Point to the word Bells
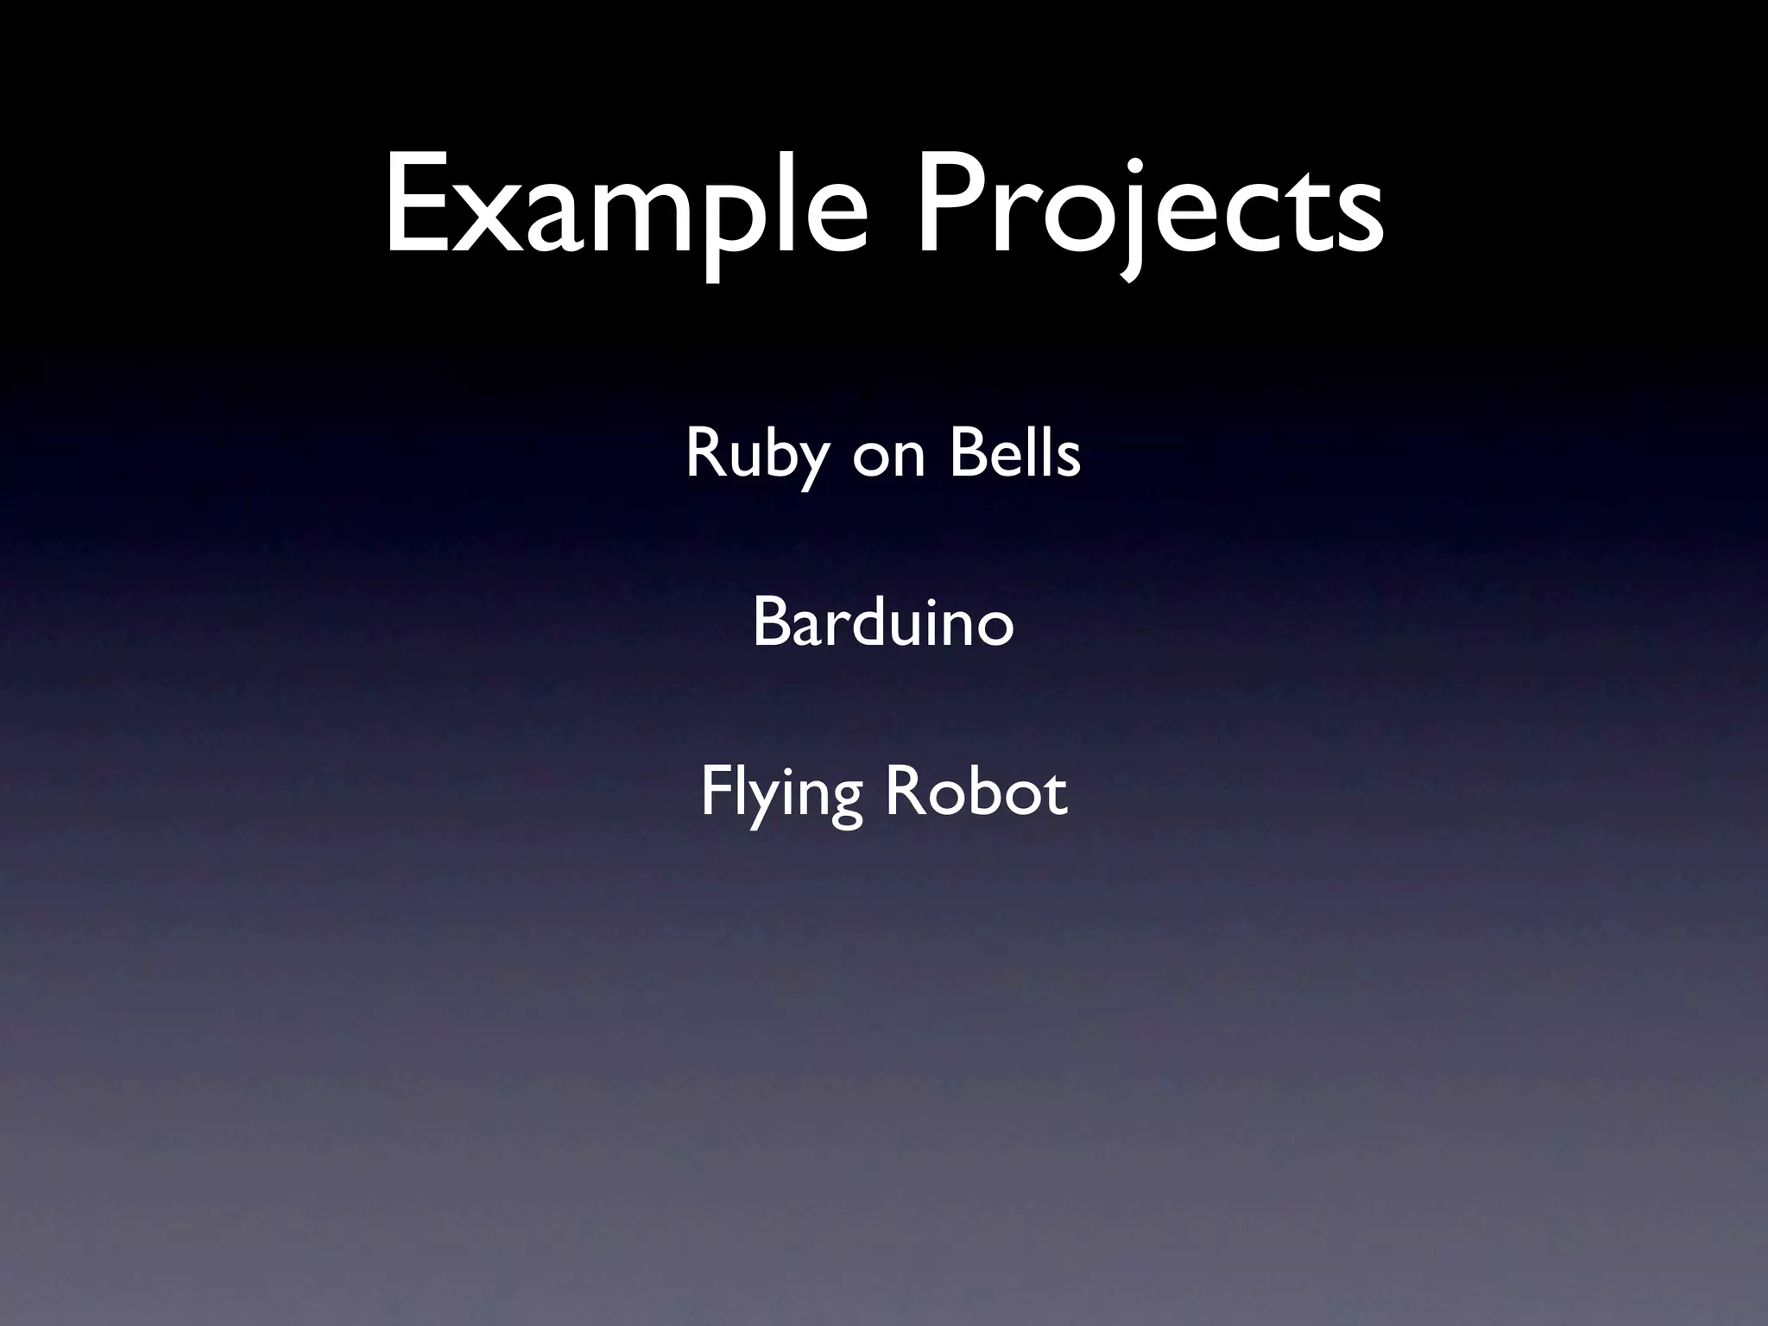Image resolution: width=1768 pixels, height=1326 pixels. coord(1014,452)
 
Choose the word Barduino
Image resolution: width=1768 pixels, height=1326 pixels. coord(883,622)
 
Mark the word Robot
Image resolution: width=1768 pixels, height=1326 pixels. coord(976,792)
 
